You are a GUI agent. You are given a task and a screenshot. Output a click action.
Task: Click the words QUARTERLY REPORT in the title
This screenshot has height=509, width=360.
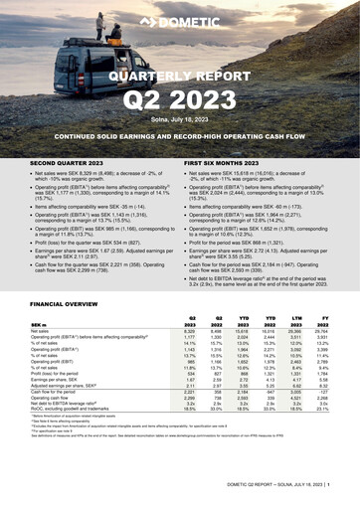pyautogui.click(x=180, y=76)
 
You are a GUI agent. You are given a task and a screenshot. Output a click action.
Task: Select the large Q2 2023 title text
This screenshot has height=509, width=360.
pyautogui.click(x=180, y=99)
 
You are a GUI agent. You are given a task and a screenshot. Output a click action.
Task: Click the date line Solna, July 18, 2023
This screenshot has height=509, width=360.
pyautogui.click(x=180, y=118)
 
